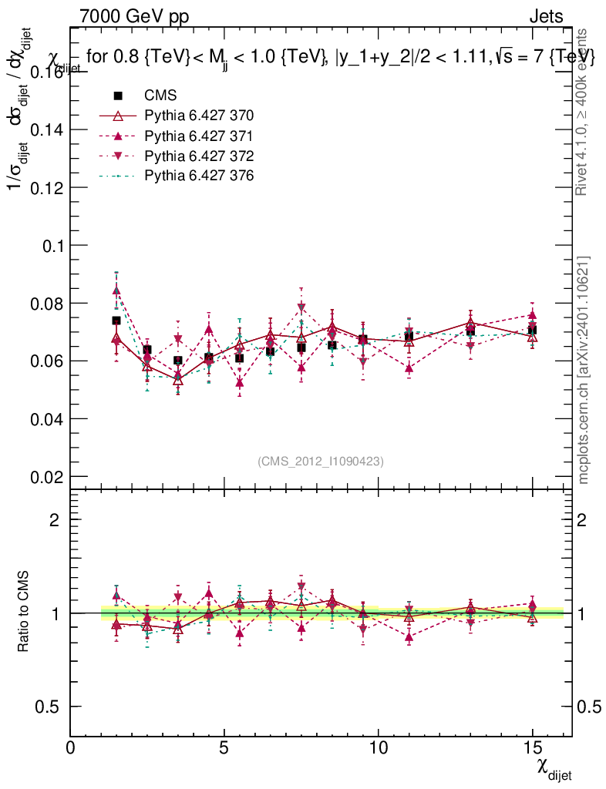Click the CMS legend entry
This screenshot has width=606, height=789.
pos(160,96)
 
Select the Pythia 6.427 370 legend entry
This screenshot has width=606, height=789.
pos(199,116)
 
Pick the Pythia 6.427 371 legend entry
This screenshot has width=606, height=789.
pos(199,136)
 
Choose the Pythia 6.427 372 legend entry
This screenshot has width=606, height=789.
pos(199,156)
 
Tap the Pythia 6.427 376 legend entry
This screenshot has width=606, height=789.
pos(199,176)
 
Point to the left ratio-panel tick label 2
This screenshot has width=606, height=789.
pos(55,520)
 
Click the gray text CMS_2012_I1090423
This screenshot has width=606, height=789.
pos(321,461)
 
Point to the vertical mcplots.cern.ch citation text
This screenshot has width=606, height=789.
pos(584,370)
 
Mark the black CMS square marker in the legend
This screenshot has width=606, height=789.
pos(118,96)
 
